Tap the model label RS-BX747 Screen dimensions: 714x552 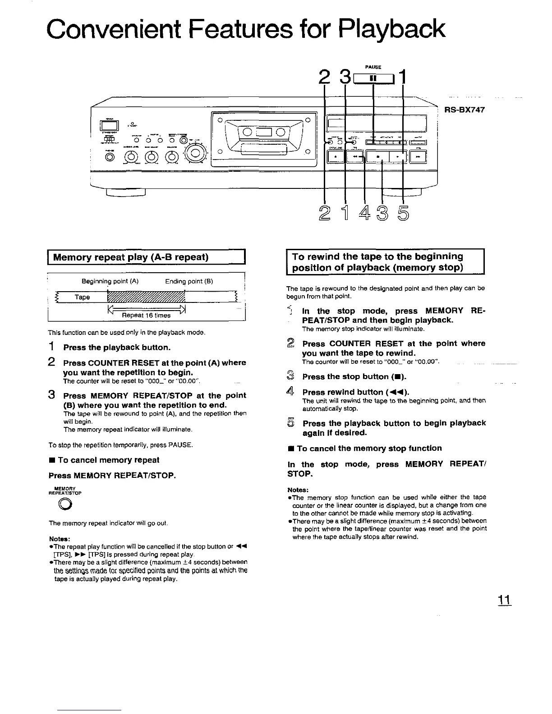click(465, 109)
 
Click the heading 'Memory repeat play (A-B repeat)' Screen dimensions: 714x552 click(131, 258)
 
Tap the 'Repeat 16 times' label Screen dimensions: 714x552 click(147, 316)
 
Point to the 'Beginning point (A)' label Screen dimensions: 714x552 click(110, 281)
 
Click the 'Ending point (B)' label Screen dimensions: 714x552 click(189, 281)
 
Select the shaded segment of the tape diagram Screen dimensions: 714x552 click(147, 297)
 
